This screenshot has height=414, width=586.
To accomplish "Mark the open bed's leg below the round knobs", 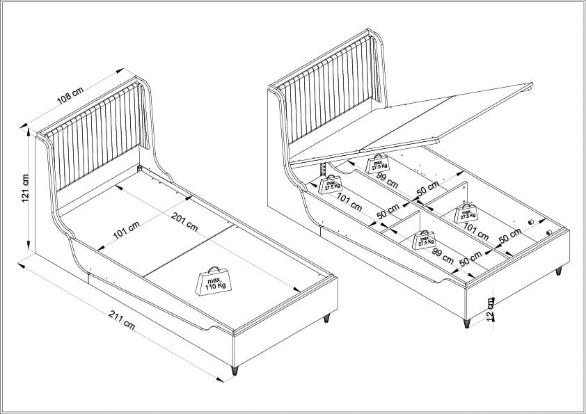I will point(557,271).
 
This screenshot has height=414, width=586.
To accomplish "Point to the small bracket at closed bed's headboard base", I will point(140,169).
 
